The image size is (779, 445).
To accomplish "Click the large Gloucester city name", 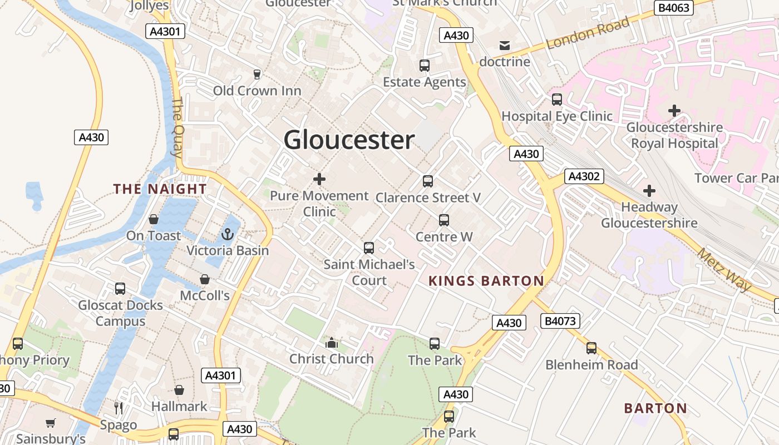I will [349, 140].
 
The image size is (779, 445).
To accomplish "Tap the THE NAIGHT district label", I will [160, 189].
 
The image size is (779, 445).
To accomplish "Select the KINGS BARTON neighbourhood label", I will [486, 281].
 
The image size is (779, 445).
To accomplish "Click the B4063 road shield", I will [673, 7].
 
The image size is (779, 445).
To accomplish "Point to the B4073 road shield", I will [560, 321].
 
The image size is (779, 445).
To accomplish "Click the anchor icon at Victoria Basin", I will [227, 235].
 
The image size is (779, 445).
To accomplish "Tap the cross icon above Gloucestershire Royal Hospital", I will [674, 111].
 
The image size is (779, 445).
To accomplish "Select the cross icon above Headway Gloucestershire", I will [649, 191].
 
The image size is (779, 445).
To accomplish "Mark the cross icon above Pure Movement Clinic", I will [319, 179].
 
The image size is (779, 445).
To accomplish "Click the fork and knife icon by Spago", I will [119, 408].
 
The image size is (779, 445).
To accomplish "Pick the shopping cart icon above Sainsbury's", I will [51, 423].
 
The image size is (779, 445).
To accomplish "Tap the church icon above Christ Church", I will [332, 343].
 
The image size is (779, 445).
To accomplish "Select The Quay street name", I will [178, 127].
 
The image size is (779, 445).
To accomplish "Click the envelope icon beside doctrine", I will [505, 46].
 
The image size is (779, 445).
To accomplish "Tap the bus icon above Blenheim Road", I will [591, 348].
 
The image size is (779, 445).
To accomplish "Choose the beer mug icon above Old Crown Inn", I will [257, 74].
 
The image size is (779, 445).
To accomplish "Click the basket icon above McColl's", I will [205, 279].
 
